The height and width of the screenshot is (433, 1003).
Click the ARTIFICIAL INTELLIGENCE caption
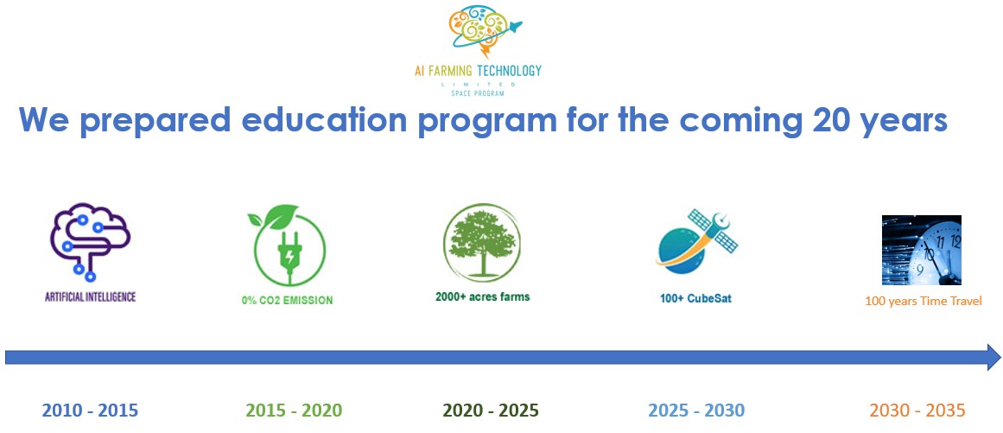(x=90, y=297)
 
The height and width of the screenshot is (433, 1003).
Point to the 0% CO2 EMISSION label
(x=287, y=300)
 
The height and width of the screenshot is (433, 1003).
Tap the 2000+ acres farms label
(x=482, y=296)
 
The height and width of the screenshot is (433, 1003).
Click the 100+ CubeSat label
(x=695, y=298)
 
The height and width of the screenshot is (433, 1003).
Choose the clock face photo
(x=921, y=250)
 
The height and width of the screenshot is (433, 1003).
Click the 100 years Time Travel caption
(x=923, y=302)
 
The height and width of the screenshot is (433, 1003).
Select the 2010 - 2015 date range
(x=90, y=410)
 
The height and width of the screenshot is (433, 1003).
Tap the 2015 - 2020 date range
(x=294, y=410)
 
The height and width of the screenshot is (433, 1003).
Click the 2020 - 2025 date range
(x=492, y=410)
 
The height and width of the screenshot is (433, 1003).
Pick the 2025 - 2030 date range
(x=696, y=410)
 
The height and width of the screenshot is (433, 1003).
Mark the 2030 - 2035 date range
(x=917, y=410)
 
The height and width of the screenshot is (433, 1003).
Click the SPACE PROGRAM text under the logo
(x=477, y=93)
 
